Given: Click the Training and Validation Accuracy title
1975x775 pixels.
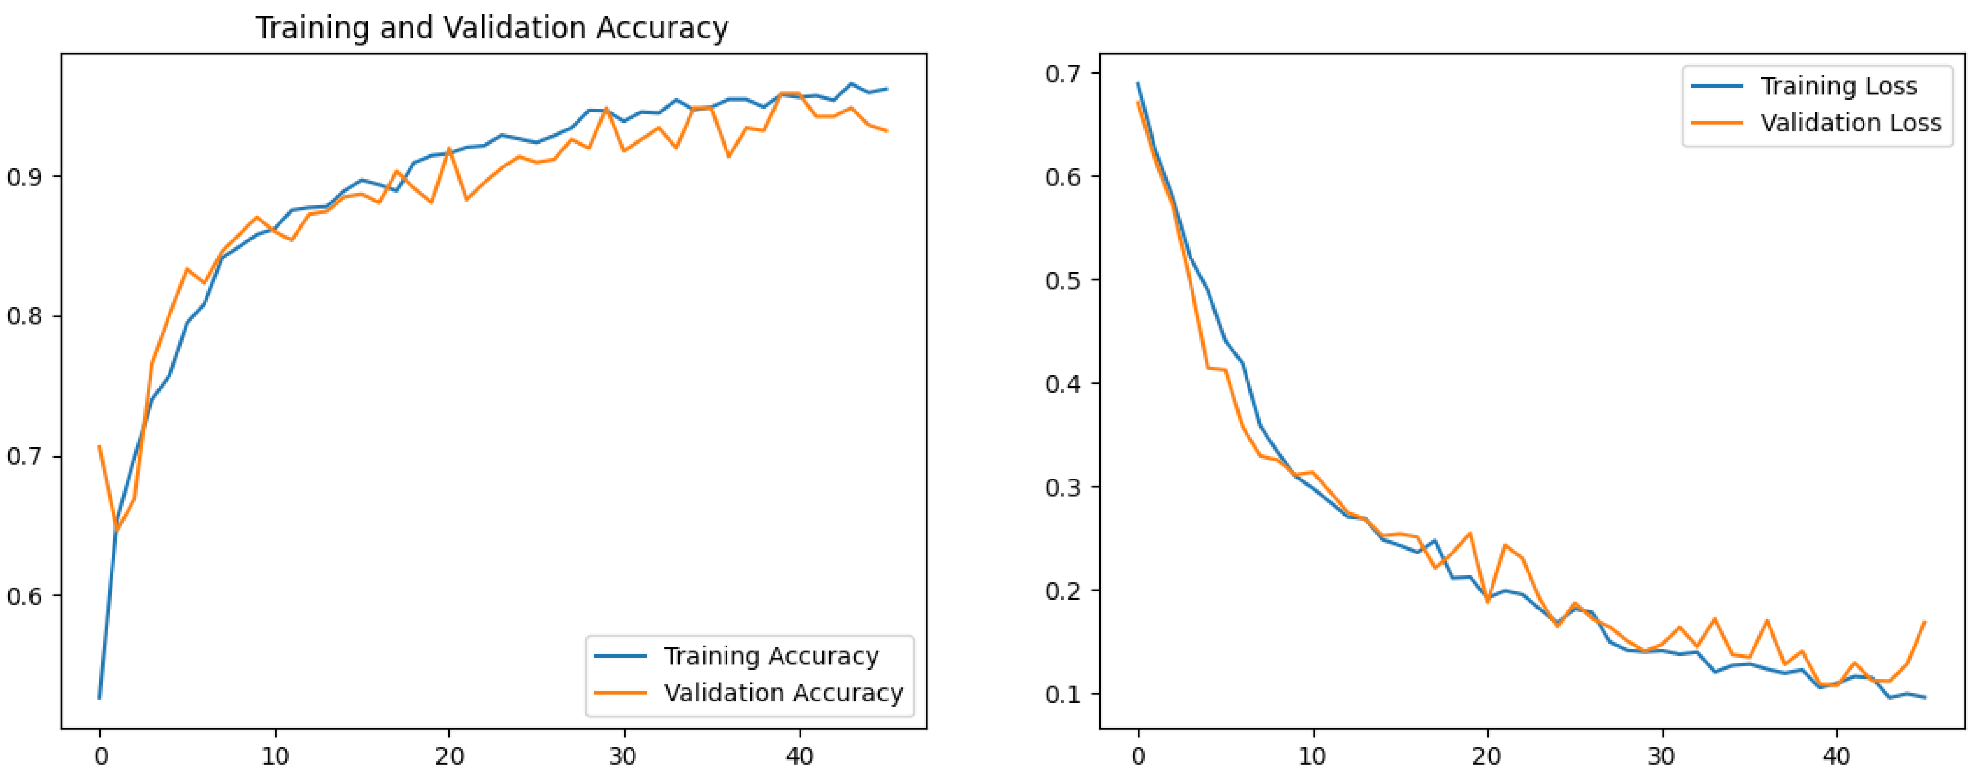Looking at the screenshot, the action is (x=491, y=28).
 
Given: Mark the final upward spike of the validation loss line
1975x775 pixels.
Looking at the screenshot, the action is (x=1924, y=622).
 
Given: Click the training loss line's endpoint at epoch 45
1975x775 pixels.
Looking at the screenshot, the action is (x=1924, y=697).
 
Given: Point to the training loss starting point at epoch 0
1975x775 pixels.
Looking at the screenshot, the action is (x=1138, y=83).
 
